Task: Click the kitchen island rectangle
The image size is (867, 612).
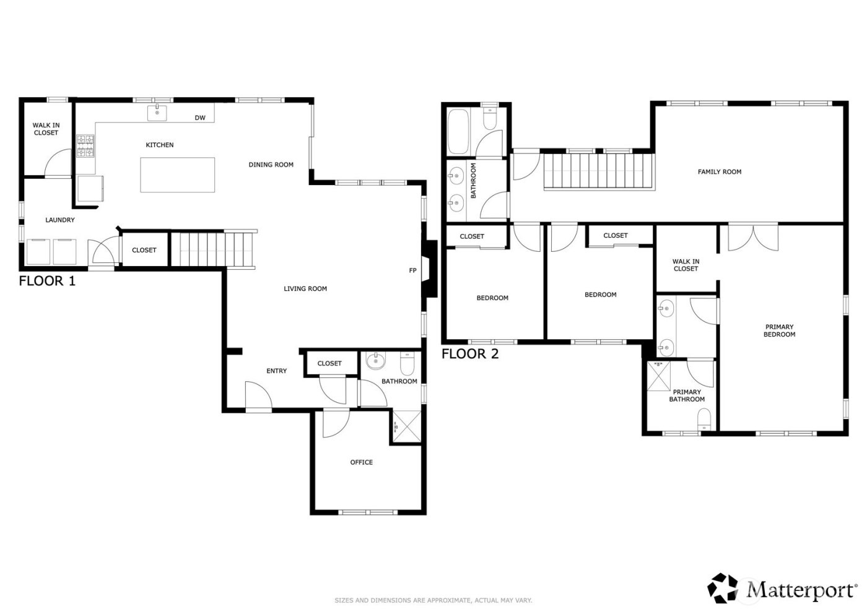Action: click(178, 175)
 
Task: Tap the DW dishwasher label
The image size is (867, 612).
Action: click(200, 118)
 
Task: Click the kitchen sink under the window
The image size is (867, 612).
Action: click(157, 113)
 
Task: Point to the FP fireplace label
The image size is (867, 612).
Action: click(412, 270)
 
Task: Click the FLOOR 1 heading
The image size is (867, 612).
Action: click(47, 281)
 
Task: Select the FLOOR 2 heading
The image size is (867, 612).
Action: click(470, 354)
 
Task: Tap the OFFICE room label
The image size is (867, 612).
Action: click(362, 462)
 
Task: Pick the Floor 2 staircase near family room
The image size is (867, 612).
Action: click(599, 171)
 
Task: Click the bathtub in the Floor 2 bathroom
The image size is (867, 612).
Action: click(459, 131)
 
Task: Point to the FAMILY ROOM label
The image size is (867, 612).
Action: click(719, 172)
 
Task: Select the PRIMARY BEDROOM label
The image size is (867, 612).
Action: click(779, 330)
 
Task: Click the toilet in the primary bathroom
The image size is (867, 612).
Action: click(704, 423)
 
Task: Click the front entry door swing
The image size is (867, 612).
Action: click(258, 397)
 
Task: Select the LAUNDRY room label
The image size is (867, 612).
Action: click(60, 220)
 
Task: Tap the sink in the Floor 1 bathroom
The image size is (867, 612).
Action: click(375, 360)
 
